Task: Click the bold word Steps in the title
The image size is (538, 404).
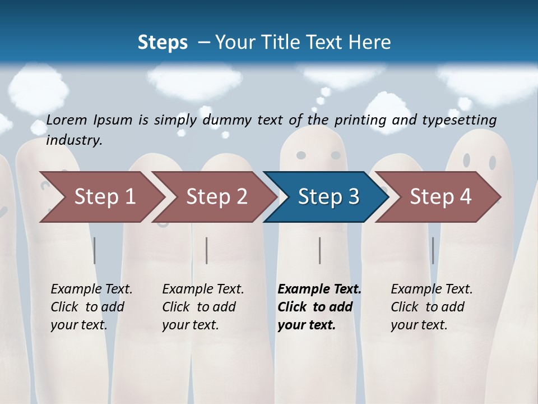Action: (163, 43)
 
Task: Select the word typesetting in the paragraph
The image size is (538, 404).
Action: (459, 120)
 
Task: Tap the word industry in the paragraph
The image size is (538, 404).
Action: (74, 140)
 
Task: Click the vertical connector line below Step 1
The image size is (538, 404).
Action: (95, 250)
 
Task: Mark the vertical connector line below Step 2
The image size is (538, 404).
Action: (207, 250)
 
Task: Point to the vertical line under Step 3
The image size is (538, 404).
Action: (320, 250)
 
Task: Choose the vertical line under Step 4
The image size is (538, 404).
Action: (433, 250)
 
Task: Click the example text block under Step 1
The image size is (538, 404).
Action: (91, 307)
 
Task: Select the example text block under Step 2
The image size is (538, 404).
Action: (203, 307)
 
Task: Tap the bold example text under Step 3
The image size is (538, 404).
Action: (319, 307)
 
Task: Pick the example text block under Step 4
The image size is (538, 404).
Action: (432, 307)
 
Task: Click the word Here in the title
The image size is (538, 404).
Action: (369, 43)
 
